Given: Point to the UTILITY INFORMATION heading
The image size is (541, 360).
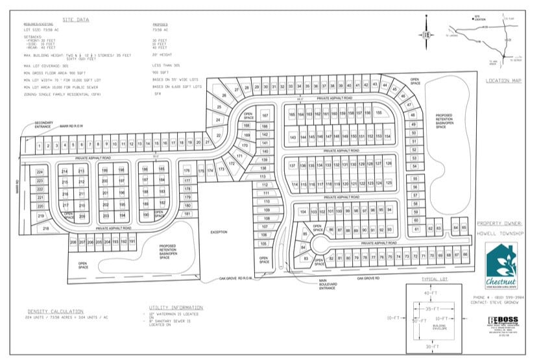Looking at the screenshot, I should point(173,309).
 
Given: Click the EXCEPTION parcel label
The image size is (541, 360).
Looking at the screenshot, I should point(219,231).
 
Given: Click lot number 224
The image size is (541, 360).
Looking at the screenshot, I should point(40,172).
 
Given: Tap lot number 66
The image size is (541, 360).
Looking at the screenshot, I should point(465,255).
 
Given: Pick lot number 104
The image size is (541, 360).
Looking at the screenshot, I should point(303,212).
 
